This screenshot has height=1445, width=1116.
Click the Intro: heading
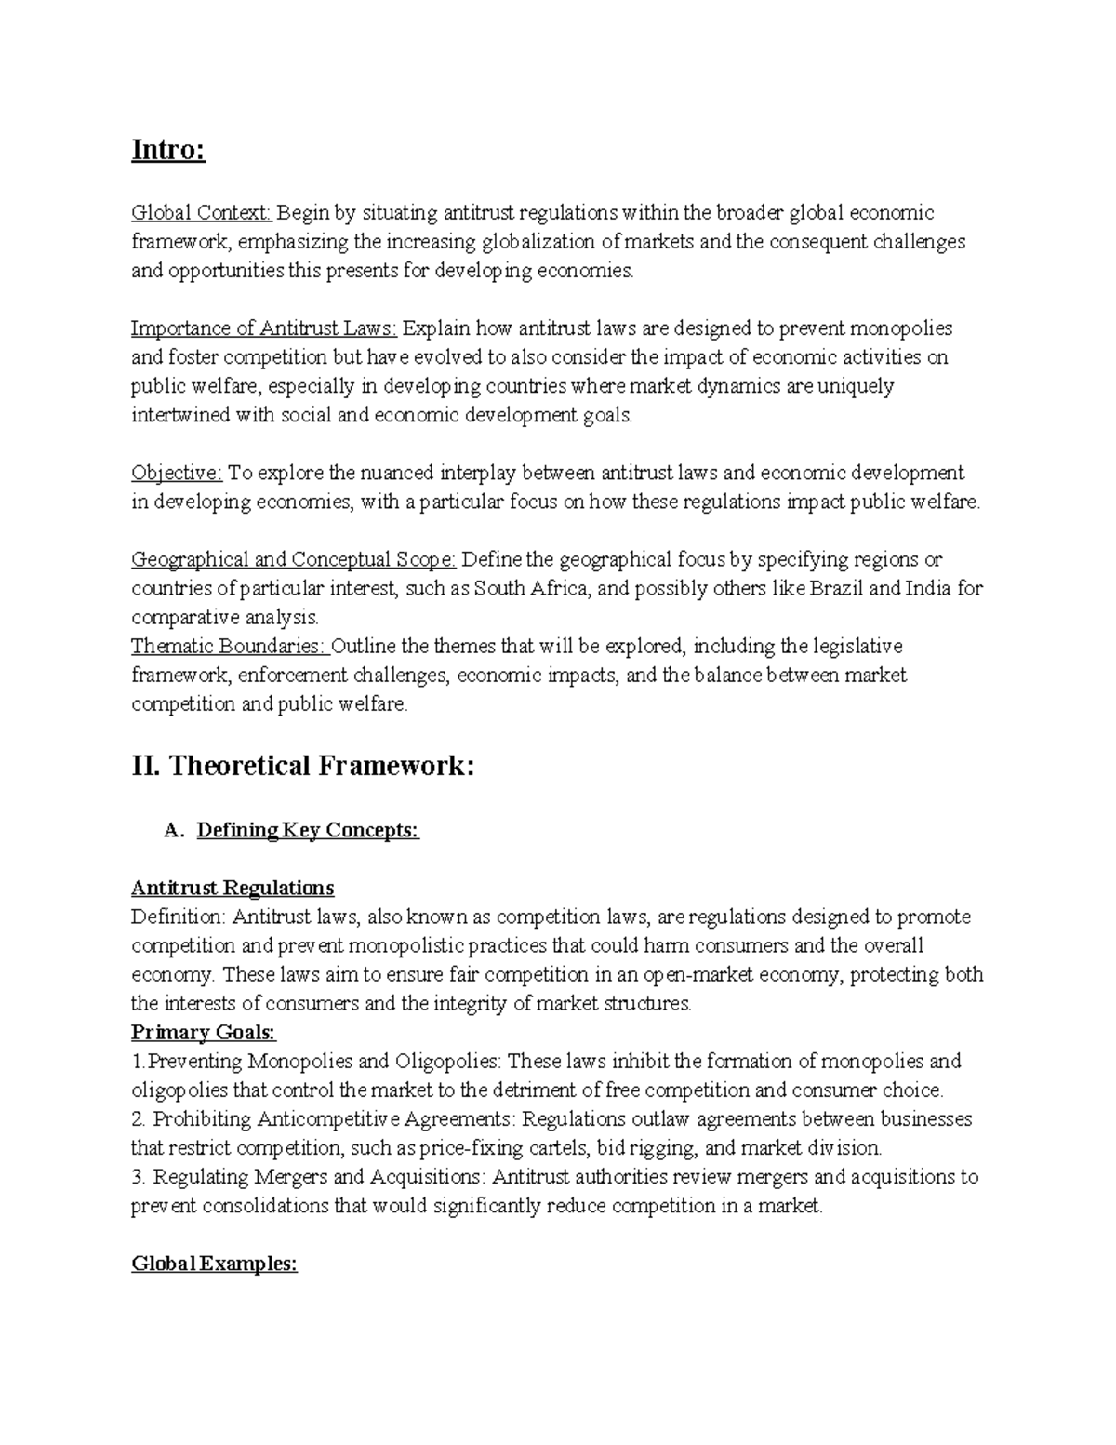[x=168, y=149]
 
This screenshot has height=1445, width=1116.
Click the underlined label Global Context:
[x=202, y=213]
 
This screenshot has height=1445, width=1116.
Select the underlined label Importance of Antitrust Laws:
[x=264, y=328]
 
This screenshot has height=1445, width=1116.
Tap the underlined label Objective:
[x=177, y=473]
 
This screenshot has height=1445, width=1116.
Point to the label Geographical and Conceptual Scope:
[x=293, y=559]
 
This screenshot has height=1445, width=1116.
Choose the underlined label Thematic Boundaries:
[x=230, y=646]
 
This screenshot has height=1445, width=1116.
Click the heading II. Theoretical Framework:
[x=303, y=766]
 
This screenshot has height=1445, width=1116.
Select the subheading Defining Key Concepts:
[x=308, y=830]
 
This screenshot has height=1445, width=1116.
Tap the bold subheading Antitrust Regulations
[x=232, y=888]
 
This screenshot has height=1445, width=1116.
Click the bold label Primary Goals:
[x=204, y=1032]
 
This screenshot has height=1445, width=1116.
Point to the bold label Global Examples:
[x=214, y=1264]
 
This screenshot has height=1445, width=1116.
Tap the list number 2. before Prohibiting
[x=139, y=1118]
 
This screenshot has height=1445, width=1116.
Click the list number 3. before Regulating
[x=139, y=1177]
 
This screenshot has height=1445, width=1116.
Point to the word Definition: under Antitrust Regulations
[x=178, y=917]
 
